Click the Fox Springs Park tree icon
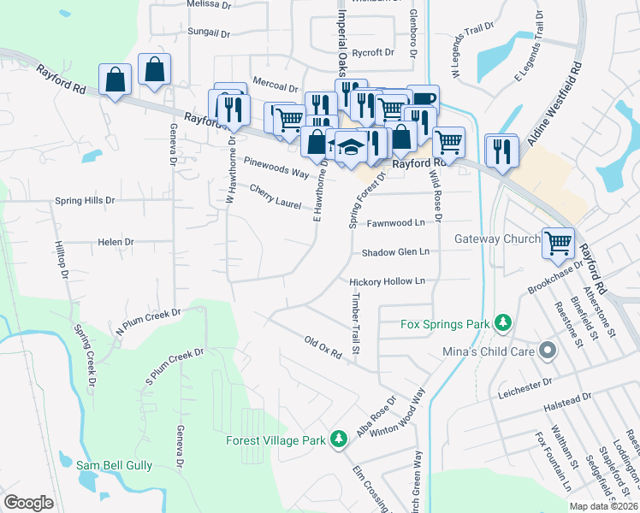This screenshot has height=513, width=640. click(505, 323)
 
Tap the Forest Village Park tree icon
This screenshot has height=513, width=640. click(340, 439)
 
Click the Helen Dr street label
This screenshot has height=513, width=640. click(116, 242)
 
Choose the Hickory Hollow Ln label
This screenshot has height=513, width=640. click(387, 281)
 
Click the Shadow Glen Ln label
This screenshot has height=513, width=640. click(394, 252)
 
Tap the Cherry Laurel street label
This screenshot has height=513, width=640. click(276, 195)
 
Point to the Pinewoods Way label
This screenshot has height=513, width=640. click(276, 167)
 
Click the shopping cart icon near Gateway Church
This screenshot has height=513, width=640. click(558, 243)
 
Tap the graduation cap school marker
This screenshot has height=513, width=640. click(351, 146)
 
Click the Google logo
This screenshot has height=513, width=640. click(28, 502)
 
